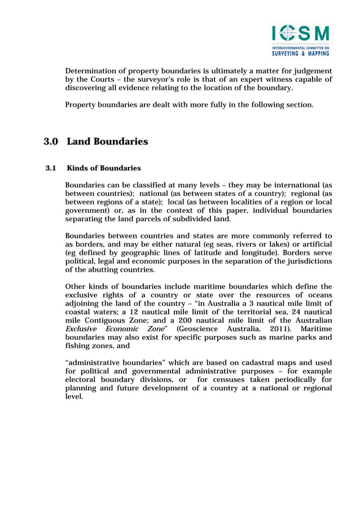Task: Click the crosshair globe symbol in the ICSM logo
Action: click(288, 33)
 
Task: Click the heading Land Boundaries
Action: click(107, 142)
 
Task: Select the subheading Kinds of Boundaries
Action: click(103, 168)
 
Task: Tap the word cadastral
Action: click(245, 362)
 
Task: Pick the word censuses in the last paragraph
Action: click(228, 380)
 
